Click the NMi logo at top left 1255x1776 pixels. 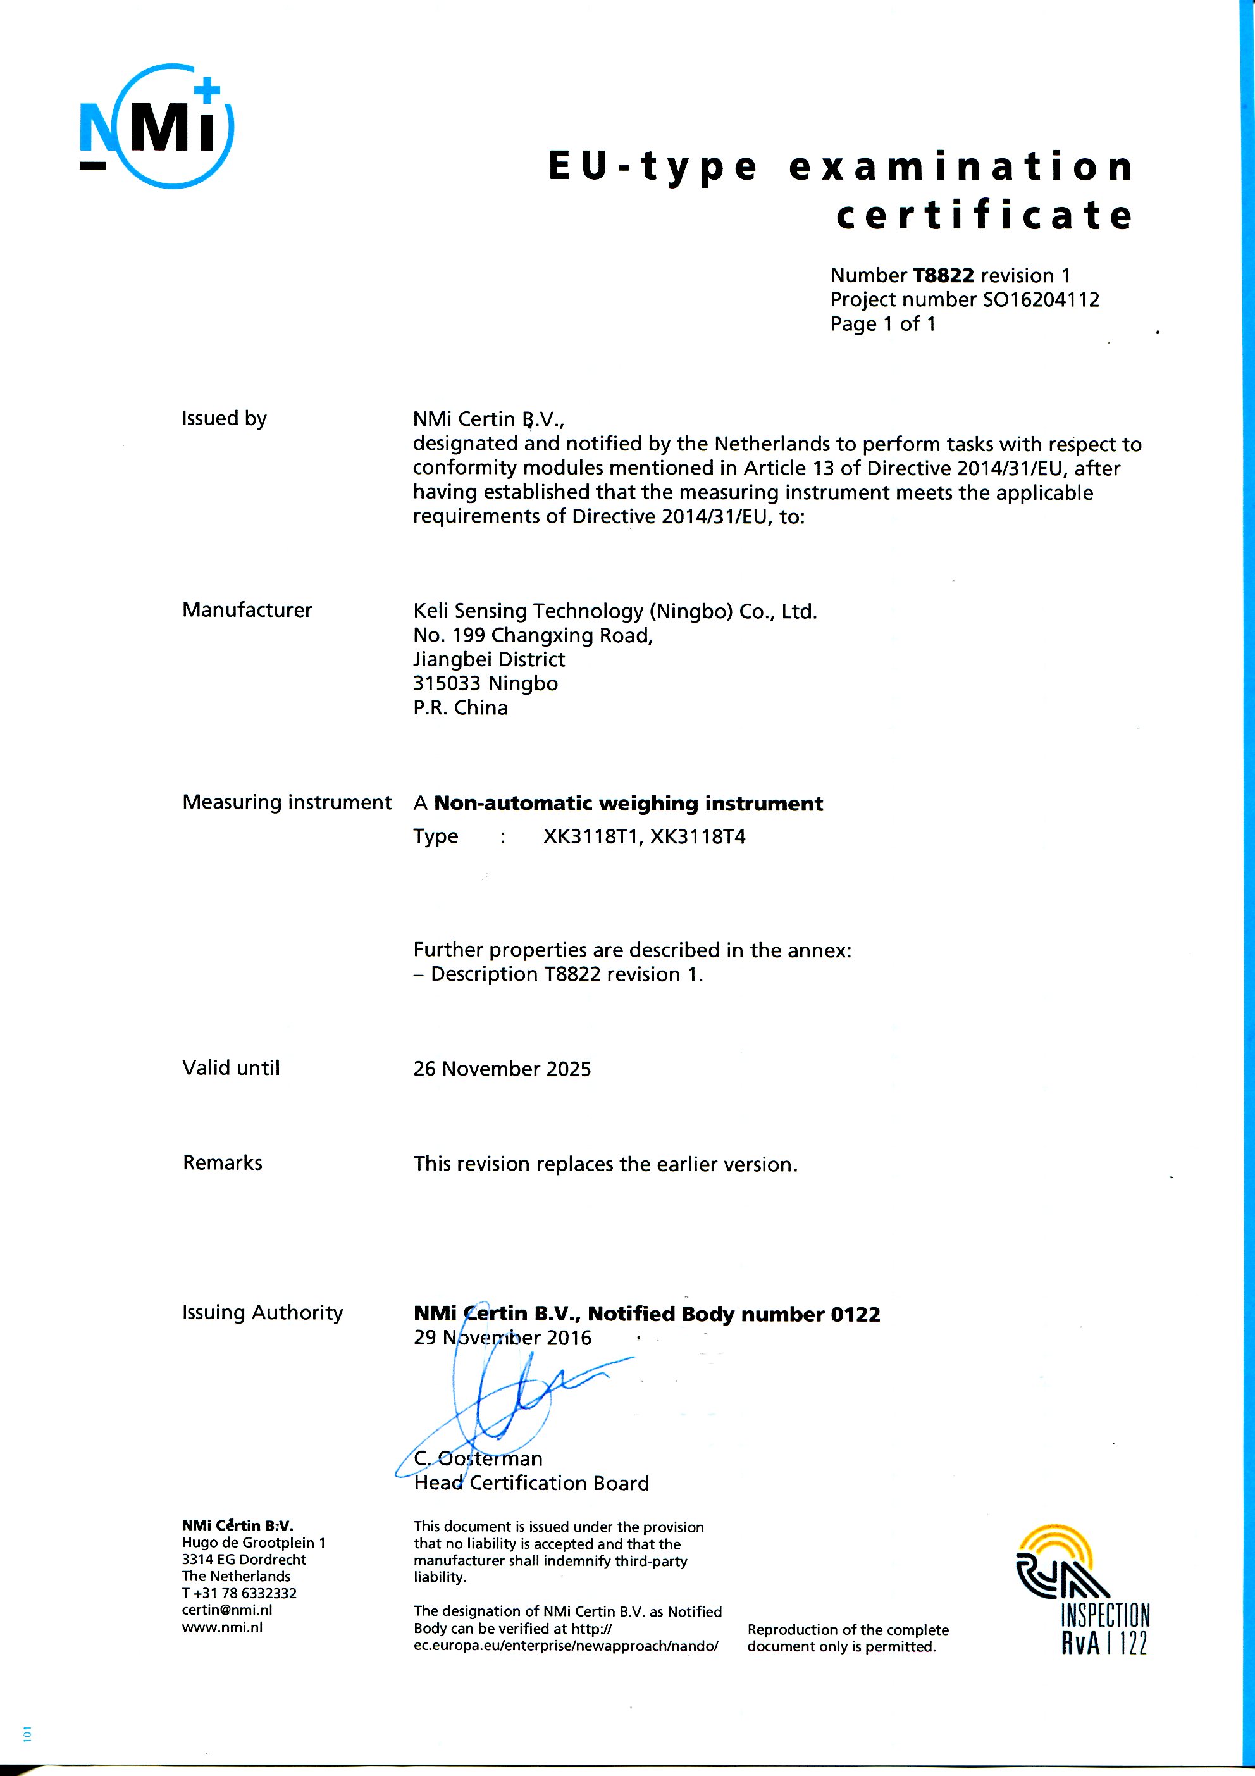coord(157,126)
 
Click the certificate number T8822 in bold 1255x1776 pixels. coord(943,275)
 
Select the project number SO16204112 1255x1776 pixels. coord(1040,299)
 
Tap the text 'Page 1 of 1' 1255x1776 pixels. coord(882,323)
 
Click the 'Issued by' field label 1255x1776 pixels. coord(225,418)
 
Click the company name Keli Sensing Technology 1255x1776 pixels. coord(615,611)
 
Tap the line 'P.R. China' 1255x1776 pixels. coord(460,708)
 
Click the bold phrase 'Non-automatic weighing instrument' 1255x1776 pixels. coord(628,803)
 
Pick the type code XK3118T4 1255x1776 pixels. coord(698,836)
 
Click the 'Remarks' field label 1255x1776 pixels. coord(223,1163)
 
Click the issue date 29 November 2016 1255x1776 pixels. coord(502,1338)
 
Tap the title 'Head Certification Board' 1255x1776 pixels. coord(531,1483)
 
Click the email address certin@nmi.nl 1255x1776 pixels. coord(226,1610)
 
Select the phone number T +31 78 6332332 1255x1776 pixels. coord(239,1593)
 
